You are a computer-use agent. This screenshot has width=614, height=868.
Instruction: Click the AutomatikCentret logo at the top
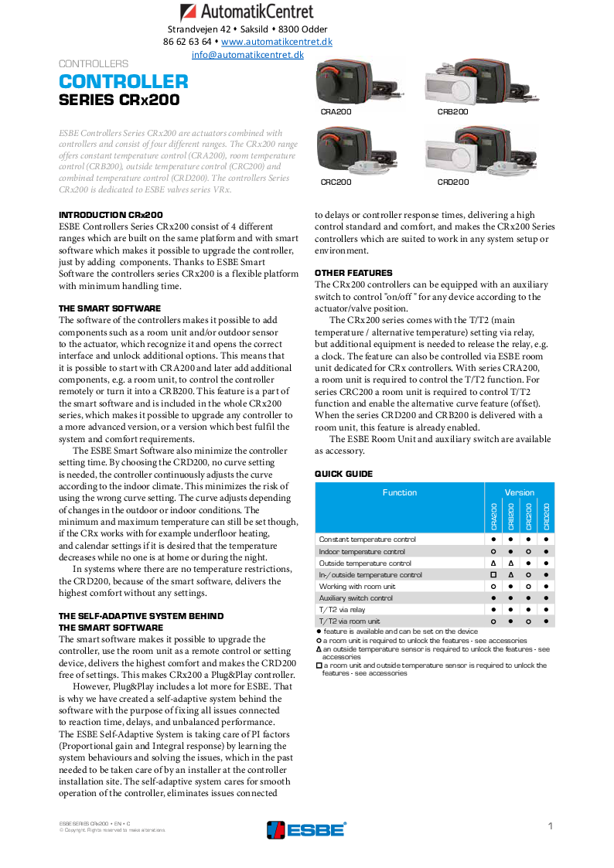pyautogui.click(x=247, y=12)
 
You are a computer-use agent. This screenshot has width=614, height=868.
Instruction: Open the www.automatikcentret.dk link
pyautogui.click(x=277, y=42)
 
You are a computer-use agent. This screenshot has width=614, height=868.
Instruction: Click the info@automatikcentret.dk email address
pyautogui.click(x=247, y=55)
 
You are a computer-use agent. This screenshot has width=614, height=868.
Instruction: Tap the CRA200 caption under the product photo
pyautogui.click(x=336, y=112)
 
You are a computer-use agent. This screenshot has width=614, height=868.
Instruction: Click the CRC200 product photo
pyautogui.click(x=356, y=151)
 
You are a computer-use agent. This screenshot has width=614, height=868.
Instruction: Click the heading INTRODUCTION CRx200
pyautogui.click(x=111, y=215)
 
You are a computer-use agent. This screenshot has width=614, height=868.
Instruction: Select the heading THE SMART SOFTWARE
pyautogui.click(x=110, y=308)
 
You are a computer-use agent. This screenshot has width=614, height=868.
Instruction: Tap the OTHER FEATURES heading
pyautogui.click(x=353, y=273)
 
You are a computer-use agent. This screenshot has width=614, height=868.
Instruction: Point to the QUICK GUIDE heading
pyautogui.click(x=343, y=474)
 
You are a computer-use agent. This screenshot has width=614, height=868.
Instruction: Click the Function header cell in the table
pyautogui.click(x=399, y=492)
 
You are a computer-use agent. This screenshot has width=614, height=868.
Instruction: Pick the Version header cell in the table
pyautogui.click(x=519, y=492)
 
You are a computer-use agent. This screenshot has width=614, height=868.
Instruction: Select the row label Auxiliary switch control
pyautogui.click(x=356, y=598)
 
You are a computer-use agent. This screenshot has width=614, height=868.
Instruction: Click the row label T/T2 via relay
pyautogui.click(x=342, y=610)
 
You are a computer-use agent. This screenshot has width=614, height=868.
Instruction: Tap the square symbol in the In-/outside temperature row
pyautogui.click(x=493, y=575)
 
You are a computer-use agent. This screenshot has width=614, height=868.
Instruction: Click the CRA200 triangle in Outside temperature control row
pyautogui.click(x=493, y=563)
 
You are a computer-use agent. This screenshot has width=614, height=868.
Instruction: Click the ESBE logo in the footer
pyautogui.click(x=306, y=829)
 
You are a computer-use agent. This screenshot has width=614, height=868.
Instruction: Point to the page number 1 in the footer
pyautogui.click(x=551, y=826)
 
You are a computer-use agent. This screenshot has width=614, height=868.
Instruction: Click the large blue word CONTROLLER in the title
pyautogui.click(x=124, y=82)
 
